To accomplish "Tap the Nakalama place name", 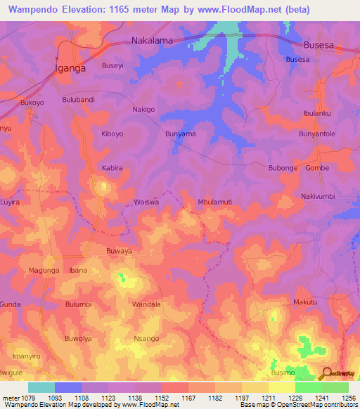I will click(153, 41).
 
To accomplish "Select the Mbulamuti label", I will click(216, 202).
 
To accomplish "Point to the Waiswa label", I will click(147, 202).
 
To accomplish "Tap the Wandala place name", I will click(147, 304).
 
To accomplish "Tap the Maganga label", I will click(44, 271).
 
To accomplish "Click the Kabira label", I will click(112, 168).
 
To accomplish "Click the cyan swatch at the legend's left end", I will click(41, 387).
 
